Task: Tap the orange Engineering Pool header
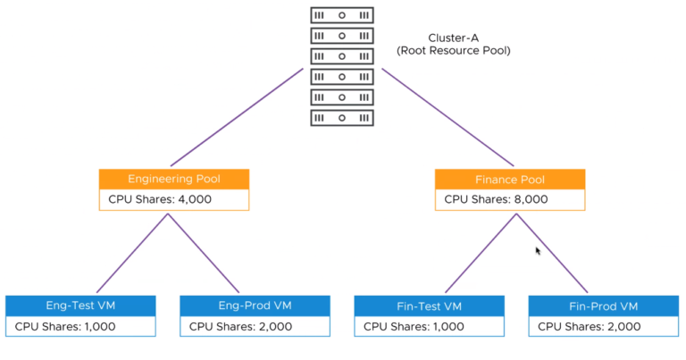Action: [x=174, y=179]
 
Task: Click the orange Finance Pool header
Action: [x=510, y=179]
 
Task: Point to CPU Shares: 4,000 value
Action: [x=161, y=199]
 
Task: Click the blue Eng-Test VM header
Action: [x=80, y=306]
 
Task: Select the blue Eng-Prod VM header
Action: [x=255, y=306]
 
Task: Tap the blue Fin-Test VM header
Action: [x=430, y=306]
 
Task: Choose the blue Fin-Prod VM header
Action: [x=604, y=306]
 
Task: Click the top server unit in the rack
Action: [x=342, y=15]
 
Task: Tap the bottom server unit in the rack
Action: [x=342, y=117]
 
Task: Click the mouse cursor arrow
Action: [x=538, y=251]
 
